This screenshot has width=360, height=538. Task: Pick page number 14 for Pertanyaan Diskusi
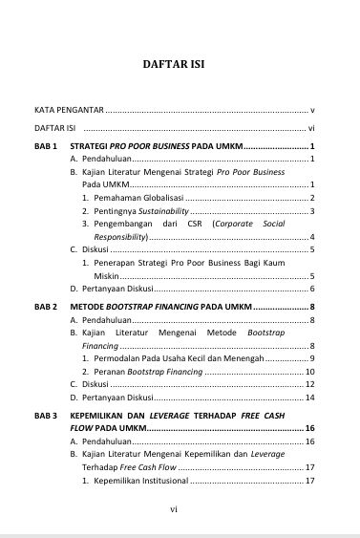tap(307, 397)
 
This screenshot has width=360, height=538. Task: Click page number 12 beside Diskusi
tap(307, 383)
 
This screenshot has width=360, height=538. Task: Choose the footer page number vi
tap(173, 509)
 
